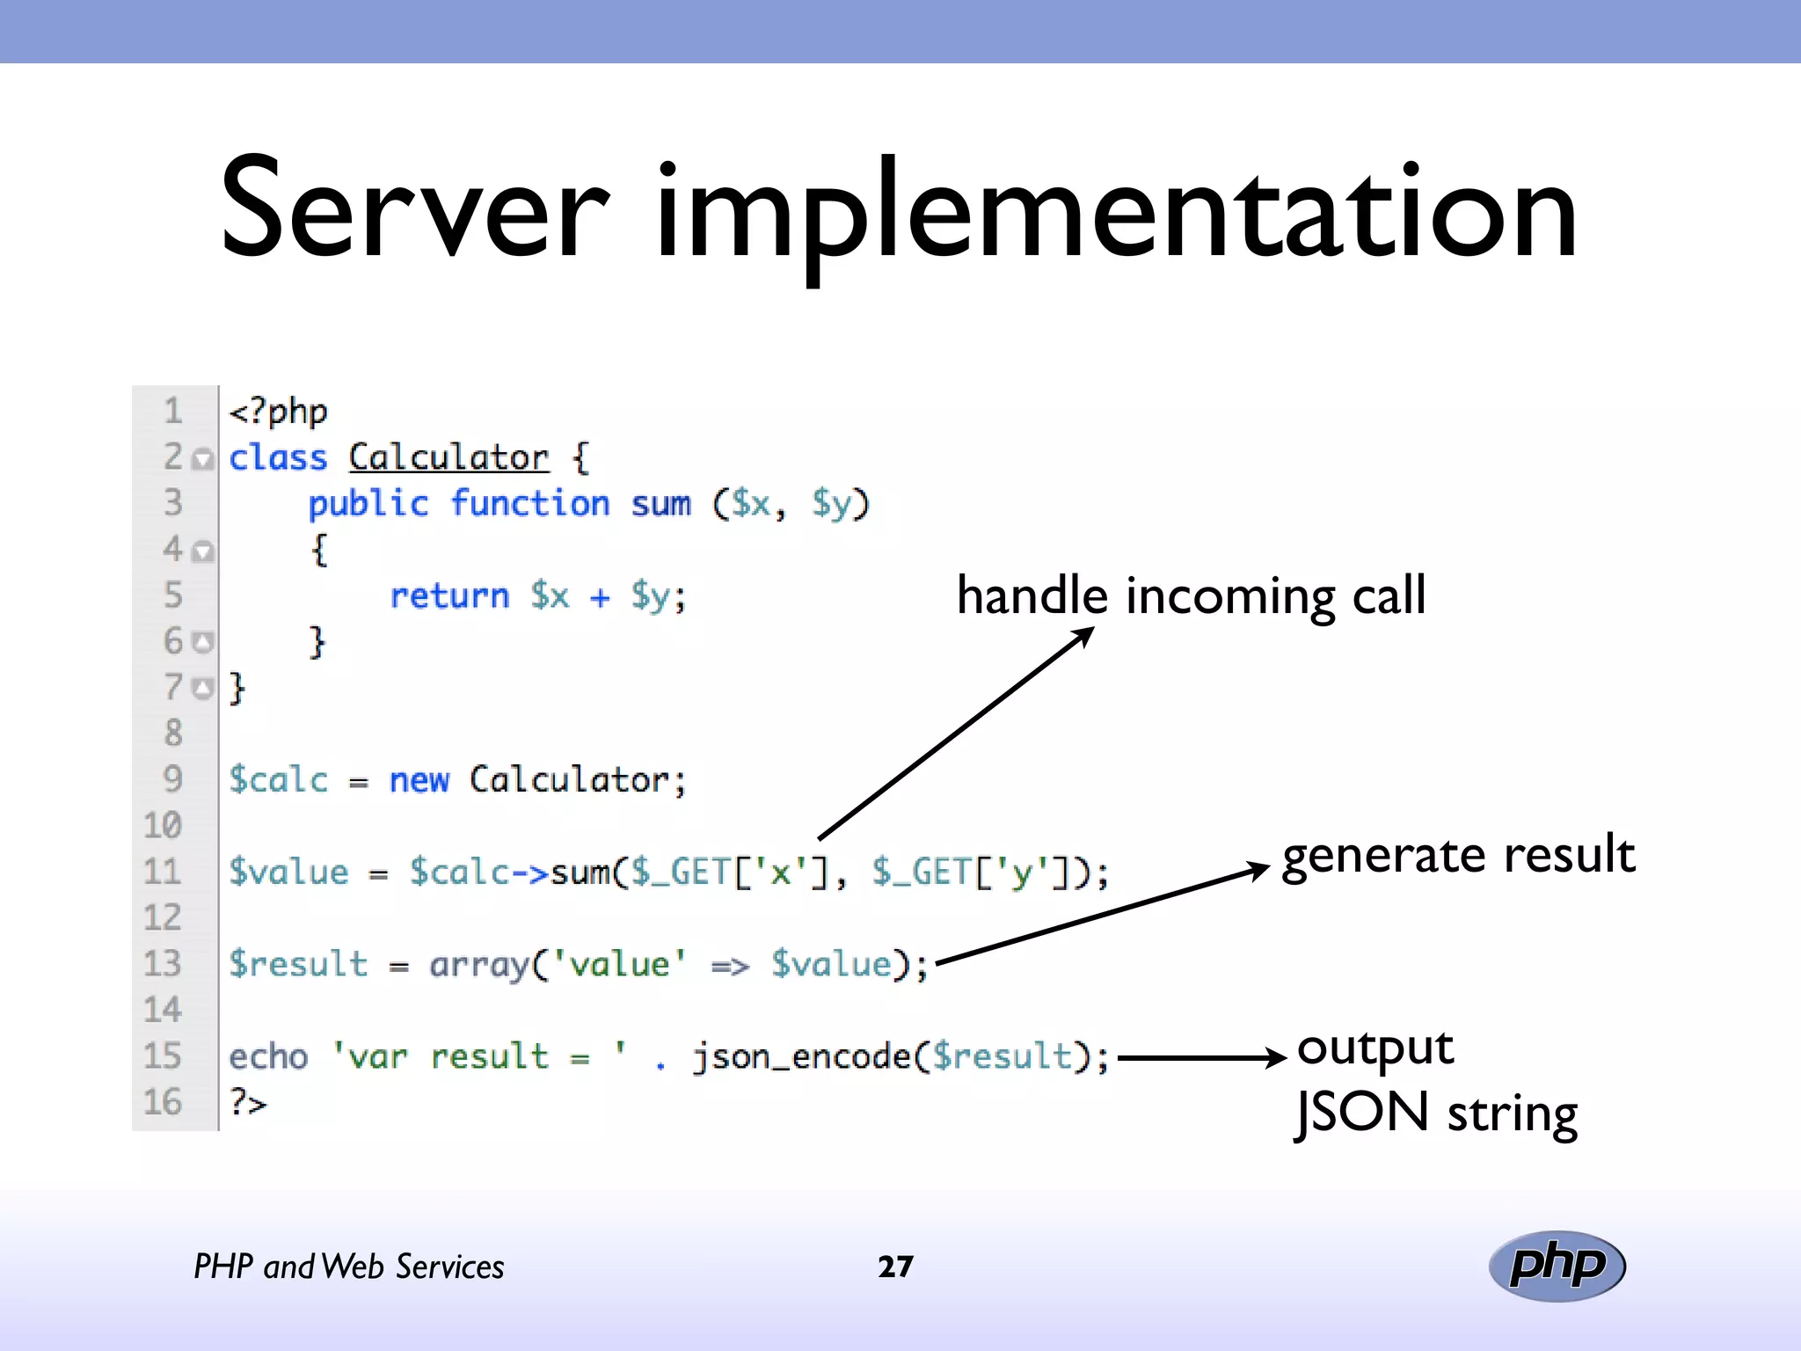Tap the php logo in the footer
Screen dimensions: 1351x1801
click(1557, 1266)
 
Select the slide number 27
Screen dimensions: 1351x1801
click(895, 1267)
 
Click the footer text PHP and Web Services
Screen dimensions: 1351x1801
click(349, 1267)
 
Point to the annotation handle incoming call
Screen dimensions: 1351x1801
click(1191, 596)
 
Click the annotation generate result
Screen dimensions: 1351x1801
click(1458, 855)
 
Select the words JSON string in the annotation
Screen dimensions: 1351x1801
click(1437, 1114)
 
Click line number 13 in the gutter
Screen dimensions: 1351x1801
click(163, 964)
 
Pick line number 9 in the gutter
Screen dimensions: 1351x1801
click(172, 779)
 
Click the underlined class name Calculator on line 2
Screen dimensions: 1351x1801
click(448, 458)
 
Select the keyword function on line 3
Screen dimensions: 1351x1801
click(530, 504)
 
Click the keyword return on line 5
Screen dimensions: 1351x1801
click(449, 596)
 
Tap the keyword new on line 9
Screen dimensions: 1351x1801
click(419, 780)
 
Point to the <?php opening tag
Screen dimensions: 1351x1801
click(278, 412)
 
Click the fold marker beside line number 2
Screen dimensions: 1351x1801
click(203, 459)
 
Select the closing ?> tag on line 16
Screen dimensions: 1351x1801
click(247, 1102)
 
